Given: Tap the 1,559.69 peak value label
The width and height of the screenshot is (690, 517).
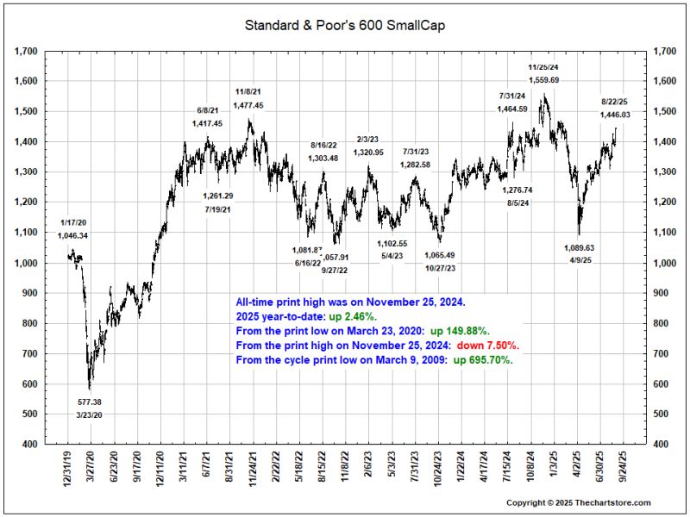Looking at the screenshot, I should click(543, 80).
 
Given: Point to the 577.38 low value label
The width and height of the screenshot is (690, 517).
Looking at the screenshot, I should click(90, 402).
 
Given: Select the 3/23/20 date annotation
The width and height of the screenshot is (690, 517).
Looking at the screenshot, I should click(90, 416).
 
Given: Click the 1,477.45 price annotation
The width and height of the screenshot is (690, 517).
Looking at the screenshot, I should click(249, 105).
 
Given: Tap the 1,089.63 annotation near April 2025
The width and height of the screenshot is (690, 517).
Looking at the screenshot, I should click(579, 247).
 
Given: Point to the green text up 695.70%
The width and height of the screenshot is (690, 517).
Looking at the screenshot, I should click(484, 360).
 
